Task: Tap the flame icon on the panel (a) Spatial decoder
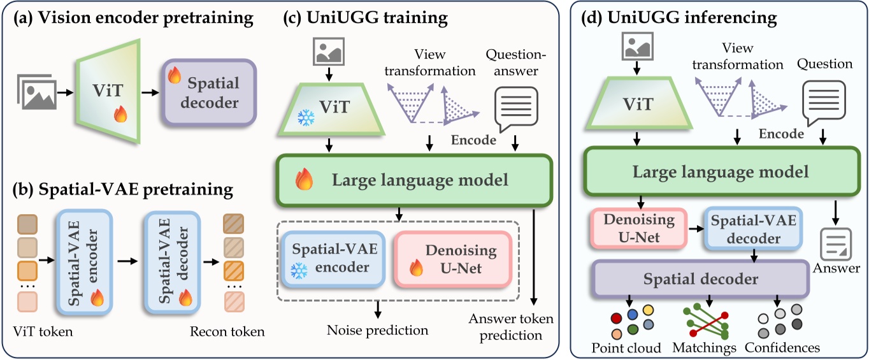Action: [x=173, y=76]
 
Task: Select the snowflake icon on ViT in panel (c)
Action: [x=307, y=118]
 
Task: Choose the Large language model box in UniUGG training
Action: [x=412, y=180]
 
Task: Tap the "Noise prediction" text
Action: [x=377, y=330]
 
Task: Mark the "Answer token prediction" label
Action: [x=511, y=326]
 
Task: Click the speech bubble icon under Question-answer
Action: [x=517, y=106]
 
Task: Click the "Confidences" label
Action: [x=782, y=348]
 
